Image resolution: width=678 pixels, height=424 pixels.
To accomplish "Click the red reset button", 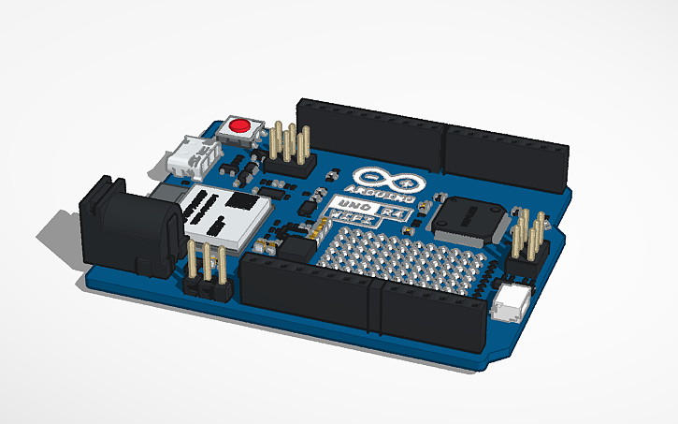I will point(242,124).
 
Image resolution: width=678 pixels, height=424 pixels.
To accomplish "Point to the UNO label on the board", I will point(344,205).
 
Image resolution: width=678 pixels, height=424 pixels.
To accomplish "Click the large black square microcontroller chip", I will point(467,219).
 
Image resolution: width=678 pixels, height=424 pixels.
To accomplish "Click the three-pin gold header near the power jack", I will point(209,268).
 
